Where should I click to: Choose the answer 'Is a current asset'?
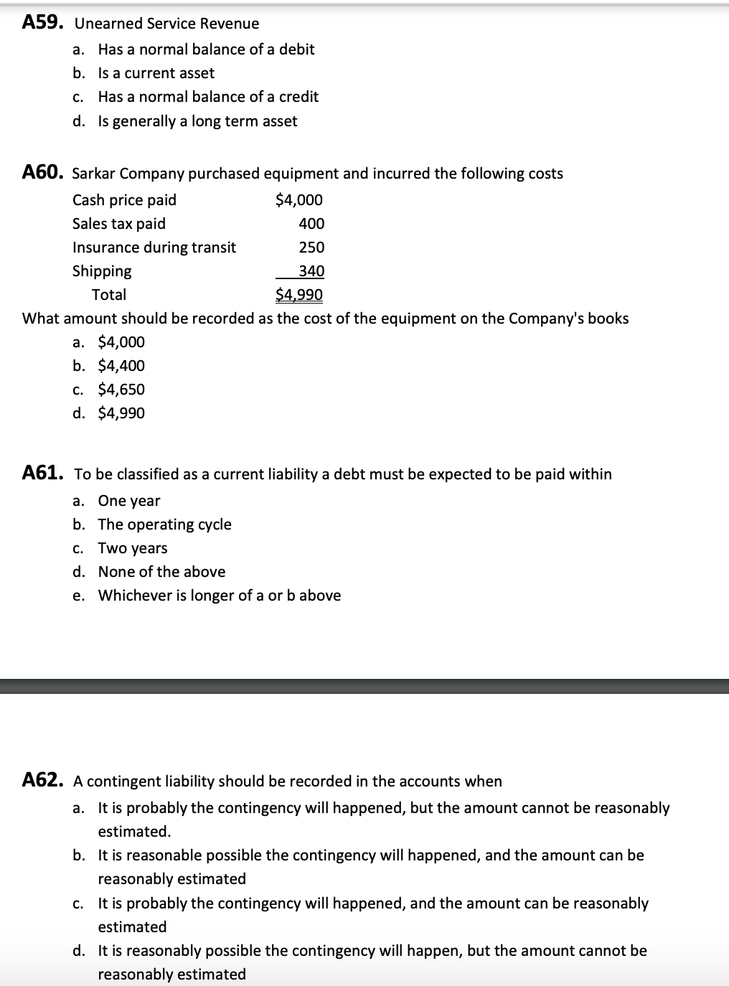click(x=156, y=73)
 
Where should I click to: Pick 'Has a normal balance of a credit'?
click(x=208, y=97)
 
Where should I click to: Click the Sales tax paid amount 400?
click(x=311, y=224)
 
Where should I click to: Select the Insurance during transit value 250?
click(x=311, y=248)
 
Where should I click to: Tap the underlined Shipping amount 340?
click(x=311, y=271)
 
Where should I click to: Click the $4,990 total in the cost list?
click(x=299, y=295)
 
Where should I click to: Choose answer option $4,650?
click(x=121, y=390)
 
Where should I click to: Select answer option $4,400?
click(x=121, y=366)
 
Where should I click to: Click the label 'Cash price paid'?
click(x=124, y=200)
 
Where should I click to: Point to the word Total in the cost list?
click(x=109, y=295)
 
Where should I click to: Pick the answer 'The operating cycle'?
click(x=164, y=525)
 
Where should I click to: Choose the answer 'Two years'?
click(x=133, y=548)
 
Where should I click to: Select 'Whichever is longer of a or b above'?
click(x=219, y=596)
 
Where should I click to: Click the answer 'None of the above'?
click(x=161, y=572)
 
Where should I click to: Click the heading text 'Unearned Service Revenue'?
click(x=166, y=24)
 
